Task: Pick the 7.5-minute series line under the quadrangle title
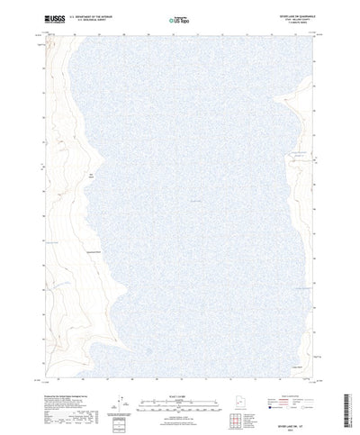(293, 23)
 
